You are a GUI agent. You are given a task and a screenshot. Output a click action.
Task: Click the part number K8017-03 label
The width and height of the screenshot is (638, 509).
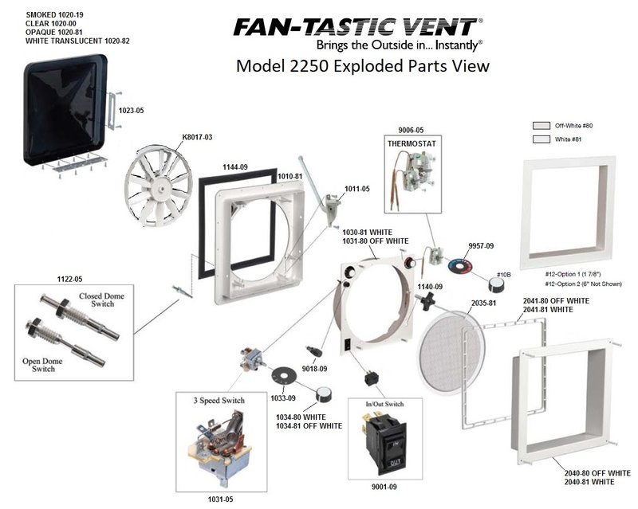point(197,137)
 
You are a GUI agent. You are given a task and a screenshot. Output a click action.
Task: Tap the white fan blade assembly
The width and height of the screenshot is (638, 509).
point(158,186)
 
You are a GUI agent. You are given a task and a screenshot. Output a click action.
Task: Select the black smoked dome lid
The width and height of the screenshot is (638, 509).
point(65,110)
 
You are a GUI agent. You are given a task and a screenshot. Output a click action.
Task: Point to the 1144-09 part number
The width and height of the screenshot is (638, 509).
point(234,167)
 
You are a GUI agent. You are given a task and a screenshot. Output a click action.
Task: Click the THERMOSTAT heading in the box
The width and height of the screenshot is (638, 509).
point(412,143)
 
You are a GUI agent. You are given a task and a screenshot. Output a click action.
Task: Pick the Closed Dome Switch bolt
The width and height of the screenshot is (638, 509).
point(79,318)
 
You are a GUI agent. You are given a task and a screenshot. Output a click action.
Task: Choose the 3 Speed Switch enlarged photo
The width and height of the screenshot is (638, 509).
point(220,447)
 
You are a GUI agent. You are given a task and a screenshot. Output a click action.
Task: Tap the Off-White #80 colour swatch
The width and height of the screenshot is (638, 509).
point(542,125)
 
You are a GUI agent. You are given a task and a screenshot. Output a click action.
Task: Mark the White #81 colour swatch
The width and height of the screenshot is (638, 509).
point(542,139)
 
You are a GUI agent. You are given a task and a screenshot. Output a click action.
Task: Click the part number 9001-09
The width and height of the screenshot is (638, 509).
point(384,487)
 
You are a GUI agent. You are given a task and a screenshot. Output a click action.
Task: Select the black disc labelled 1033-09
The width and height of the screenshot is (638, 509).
point(285,375)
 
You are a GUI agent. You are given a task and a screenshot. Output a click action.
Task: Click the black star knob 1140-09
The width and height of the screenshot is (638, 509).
point(426,301)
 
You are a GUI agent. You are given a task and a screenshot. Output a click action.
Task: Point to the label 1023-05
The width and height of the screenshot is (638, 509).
point(131,111)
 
